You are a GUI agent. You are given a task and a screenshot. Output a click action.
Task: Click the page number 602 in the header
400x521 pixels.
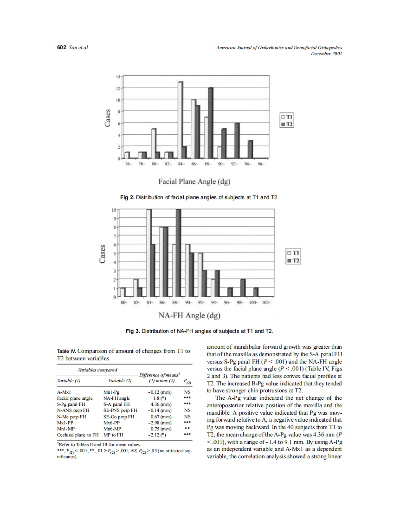61,48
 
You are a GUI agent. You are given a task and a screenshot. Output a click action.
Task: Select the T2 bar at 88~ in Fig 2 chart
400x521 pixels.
210,123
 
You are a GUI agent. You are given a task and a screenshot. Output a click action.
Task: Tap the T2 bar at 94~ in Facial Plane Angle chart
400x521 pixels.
251,149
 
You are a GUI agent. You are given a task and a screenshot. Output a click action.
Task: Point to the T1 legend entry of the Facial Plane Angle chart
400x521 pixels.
287,117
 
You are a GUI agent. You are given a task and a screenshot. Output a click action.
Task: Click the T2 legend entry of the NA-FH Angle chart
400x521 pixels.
294,261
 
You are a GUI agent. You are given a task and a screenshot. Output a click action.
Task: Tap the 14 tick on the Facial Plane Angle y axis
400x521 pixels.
117,76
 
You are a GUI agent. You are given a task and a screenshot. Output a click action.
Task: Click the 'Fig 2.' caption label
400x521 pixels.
127,198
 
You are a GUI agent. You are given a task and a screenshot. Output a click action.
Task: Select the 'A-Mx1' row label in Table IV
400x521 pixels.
64,392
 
